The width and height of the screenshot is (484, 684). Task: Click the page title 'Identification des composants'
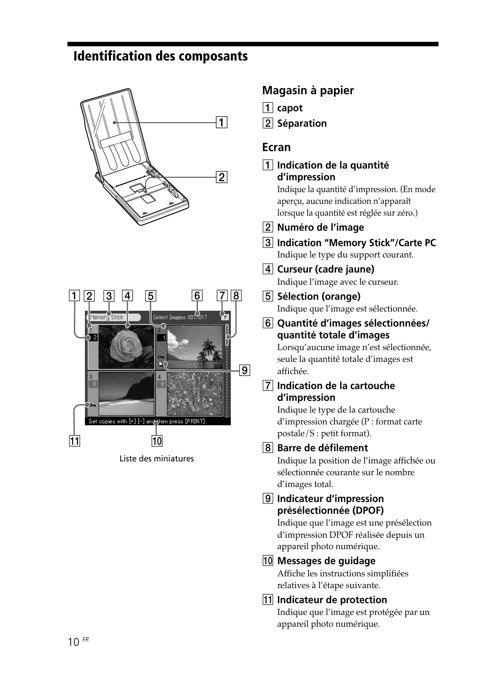[161, 56]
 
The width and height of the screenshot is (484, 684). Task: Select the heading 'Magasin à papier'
[308, 90]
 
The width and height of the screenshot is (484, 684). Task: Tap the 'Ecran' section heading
[276, 147]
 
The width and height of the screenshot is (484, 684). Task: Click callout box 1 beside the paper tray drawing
[221, 122]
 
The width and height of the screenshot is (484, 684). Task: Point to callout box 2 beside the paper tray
[221, 177]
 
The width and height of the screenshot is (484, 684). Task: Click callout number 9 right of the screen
[244, 370]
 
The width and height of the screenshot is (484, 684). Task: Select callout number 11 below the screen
[74, 441]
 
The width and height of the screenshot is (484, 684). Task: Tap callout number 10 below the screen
[156, 441]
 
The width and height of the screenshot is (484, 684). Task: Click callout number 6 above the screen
[197, 296]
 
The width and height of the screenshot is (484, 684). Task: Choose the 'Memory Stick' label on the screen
[107, 317]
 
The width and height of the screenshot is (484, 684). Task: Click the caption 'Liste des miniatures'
[156, 459]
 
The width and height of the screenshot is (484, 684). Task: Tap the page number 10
[74, 642]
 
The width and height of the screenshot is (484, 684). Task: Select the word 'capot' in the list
[290, 108]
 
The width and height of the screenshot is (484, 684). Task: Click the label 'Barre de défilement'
[322, 448]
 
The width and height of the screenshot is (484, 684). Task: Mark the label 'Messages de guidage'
[326, 561]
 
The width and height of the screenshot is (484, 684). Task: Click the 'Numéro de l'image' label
[320, 227]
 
